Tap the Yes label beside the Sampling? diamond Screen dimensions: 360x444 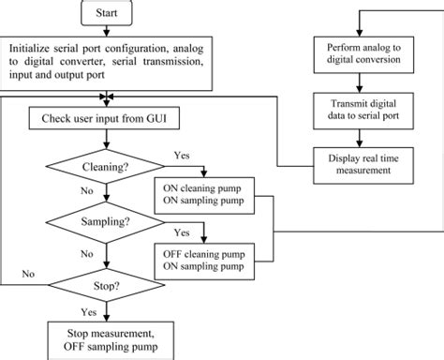tap(185, 232)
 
